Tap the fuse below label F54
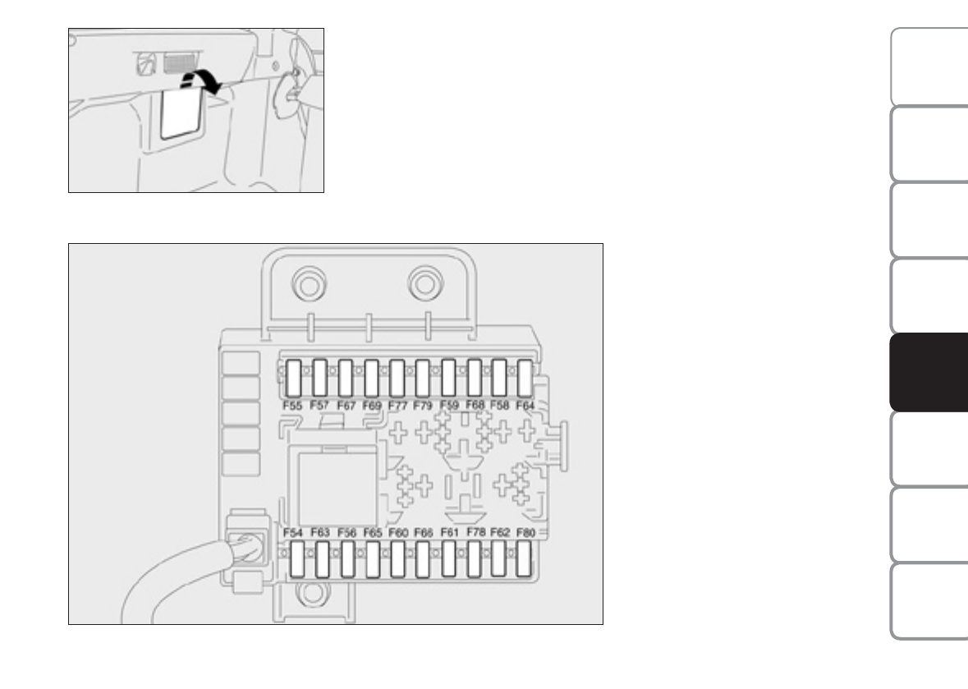[296, 563]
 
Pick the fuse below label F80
[525, 563]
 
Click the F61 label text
[449, 533]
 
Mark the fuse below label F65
[373, 563]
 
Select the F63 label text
[320, 533]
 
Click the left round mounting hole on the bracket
[307, 284]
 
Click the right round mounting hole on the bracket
[424, 284]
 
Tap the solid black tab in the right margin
[929, 373]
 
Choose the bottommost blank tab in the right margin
[929, 600]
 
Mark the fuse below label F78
[475, 563]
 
